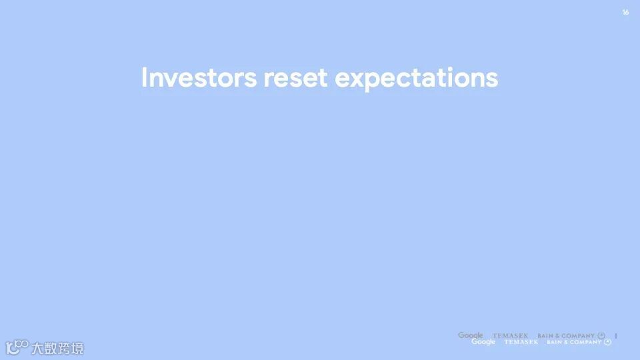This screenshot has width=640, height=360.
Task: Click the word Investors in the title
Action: click(199, 77)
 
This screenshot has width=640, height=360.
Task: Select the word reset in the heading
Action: click(295, 78)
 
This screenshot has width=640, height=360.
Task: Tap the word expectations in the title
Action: click(416, 79)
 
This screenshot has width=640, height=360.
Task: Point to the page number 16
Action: click(625, 12)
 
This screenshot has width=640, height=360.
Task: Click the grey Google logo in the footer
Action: click(470, 335)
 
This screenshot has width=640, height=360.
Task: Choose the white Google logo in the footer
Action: click(483, 341)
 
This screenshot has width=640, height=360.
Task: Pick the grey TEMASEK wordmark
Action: click(510, 335)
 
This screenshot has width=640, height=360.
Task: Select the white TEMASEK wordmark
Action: click(521, 341)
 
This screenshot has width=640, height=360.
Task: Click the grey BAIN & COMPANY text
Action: click(566, 335)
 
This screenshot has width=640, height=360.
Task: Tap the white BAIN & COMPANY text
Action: click(574, 342)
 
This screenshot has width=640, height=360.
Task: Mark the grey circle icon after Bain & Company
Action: click(601, 335)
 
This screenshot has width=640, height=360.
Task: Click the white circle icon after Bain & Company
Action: click(608, 342)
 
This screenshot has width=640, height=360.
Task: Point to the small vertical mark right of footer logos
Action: click(616, 336)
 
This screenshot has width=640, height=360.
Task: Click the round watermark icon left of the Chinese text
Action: click(17, 347)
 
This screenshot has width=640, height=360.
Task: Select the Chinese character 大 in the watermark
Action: click(37, 348)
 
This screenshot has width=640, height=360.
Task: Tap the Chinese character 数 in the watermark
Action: click(51, 348)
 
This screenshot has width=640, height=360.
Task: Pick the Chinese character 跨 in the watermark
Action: click(64, 348)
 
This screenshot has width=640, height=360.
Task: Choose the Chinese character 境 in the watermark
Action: click(77, 348)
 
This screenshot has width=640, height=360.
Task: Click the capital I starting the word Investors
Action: click(144, 77)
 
